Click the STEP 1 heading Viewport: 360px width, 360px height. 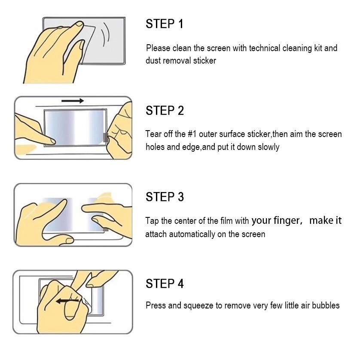165,24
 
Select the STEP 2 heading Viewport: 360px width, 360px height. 165,110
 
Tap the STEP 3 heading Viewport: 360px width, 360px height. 165,197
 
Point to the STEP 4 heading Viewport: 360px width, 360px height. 165,284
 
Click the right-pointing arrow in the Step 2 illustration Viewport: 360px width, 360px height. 73,101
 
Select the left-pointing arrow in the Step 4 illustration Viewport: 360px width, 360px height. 68,301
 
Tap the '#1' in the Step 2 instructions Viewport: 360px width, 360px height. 192,134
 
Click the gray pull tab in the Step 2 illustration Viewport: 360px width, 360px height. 106,137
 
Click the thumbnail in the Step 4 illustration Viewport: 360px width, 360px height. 70,311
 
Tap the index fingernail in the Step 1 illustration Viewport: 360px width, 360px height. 80,24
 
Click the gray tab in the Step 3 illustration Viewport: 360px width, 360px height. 105,229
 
